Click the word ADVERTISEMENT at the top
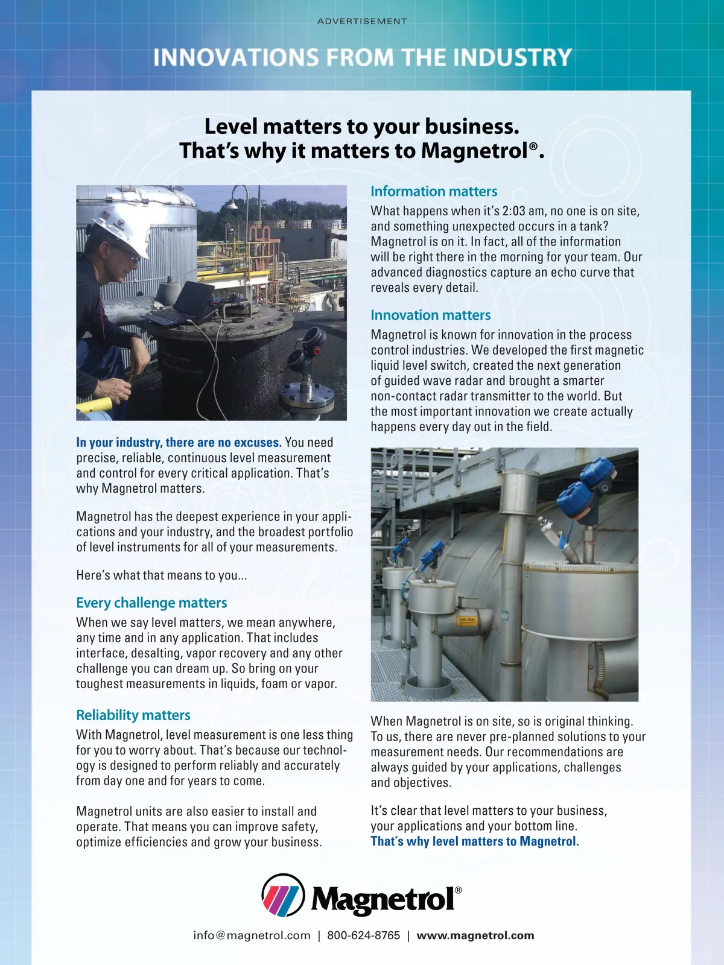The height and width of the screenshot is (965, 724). pos(362,21)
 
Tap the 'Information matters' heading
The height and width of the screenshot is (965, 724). pos(434,191)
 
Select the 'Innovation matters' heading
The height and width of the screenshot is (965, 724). pos(430,315)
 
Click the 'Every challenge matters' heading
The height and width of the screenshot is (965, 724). pos(151,603)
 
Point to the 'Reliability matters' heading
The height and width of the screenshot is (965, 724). pos(133,715)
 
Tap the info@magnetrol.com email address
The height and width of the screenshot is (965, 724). pos(252,935)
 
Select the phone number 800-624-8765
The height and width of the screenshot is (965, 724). pos(363,935)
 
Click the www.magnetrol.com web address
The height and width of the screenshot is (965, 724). pos(475,935)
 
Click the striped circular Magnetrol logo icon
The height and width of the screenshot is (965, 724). pos(283,896)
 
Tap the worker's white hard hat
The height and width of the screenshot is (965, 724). pos(124,227)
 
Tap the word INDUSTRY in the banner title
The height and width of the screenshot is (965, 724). pos(512,57)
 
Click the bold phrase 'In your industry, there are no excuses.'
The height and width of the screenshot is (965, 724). pos(179,443)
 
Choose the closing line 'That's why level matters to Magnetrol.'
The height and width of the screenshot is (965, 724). pos(474,841)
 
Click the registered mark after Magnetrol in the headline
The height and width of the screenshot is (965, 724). pos(533,147)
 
